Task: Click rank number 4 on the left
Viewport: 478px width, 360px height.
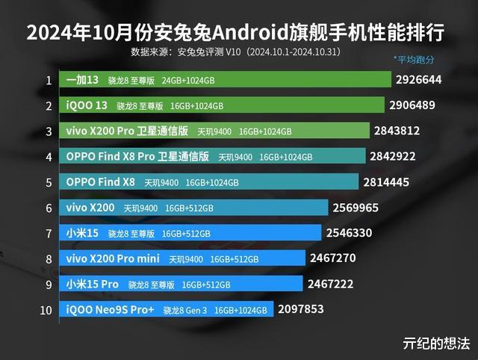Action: [49, 157]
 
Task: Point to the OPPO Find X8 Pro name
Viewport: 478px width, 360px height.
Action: [137, 157]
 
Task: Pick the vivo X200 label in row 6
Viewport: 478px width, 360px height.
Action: [90, 208]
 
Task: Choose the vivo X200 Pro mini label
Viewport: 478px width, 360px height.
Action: [113, 258]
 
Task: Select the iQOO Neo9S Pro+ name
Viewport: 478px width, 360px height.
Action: [110, 309]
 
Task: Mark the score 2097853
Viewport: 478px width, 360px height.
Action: [302, 308]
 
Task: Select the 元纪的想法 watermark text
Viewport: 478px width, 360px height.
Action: [436, 343]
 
